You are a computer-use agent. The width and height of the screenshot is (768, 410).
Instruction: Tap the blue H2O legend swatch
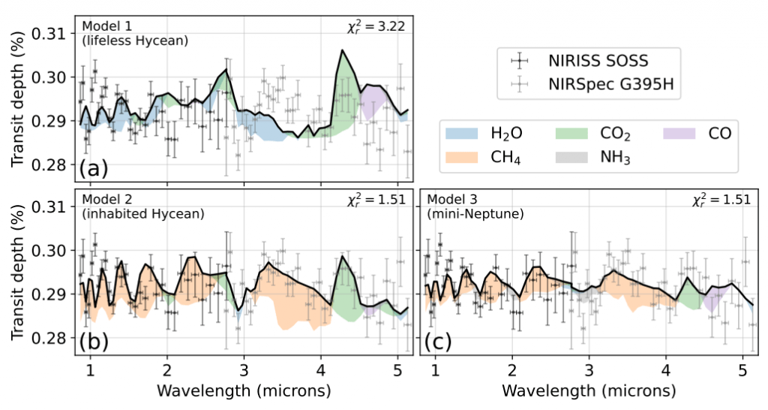463,134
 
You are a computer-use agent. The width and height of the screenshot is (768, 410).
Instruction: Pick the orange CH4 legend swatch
463,158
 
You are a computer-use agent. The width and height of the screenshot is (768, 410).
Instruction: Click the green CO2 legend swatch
572,134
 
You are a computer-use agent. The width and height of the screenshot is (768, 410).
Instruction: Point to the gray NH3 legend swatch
572,158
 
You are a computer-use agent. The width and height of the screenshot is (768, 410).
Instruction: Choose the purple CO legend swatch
682,134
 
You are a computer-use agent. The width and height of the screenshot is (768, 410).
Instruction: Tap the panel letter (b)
94,342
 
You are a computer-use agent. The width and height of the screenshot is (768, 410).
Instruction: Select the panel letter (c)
439,342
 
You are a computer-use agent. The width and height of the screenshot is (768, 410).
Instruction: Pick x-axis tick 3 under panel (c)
589,370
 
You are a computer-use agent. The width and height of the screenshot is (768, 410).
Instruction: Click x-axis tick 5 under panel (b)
397,370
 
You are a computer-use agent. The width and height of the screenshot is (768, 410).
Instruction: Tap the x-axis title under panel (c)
589,391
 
